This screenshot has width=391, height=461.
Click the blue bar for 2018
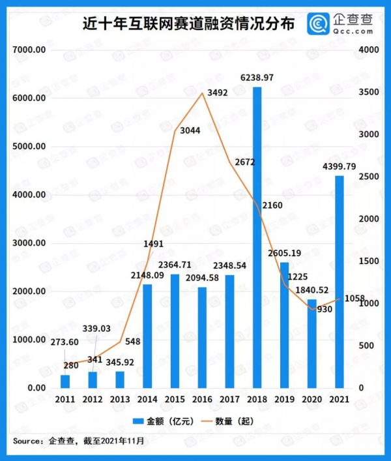[x=257, y=237]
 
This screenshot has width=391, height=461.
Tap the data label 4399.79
[x=338, y=167]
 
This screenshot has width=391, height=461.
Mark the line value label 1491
[x=147, y=245]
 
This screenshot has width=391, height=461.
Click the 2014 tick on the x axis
[x=147, y=398]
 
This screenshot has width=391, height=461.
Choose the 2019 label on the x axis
[x=285, y=398]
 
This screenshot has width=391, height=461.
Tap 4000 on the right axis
[x=368, y=50]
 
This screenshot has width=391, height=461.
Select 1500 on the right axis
[x=368, y=261]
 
